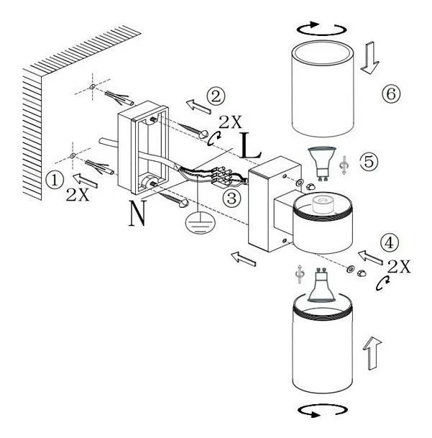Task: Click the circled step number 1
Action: tap(55, 180)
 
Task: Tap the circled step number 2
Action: tap(216, 96)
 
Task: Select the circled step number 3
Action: tap(231, 198)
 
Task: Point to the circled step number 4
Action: tap(390, 242)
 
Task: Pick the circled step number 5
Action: tap(369, 161)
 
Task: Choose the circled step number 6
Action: tap(391, 93)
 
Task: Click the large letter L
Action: tap(250, 146)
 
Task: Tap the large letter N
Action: tap(138, 214)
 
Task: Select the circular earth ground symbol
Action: tap(200, 222)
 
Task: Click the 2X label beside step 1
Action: tap(78, 195)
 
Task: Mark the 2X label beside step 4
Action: tap(399, 267)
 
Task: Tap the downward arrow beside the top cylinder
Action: tap(370, 58)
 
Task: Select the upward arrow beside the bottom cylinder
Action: tap(372, 353)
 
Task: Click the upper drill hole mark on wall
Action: tap(93, 87)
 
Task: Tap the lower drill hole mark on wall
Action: tap(73, 155)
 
